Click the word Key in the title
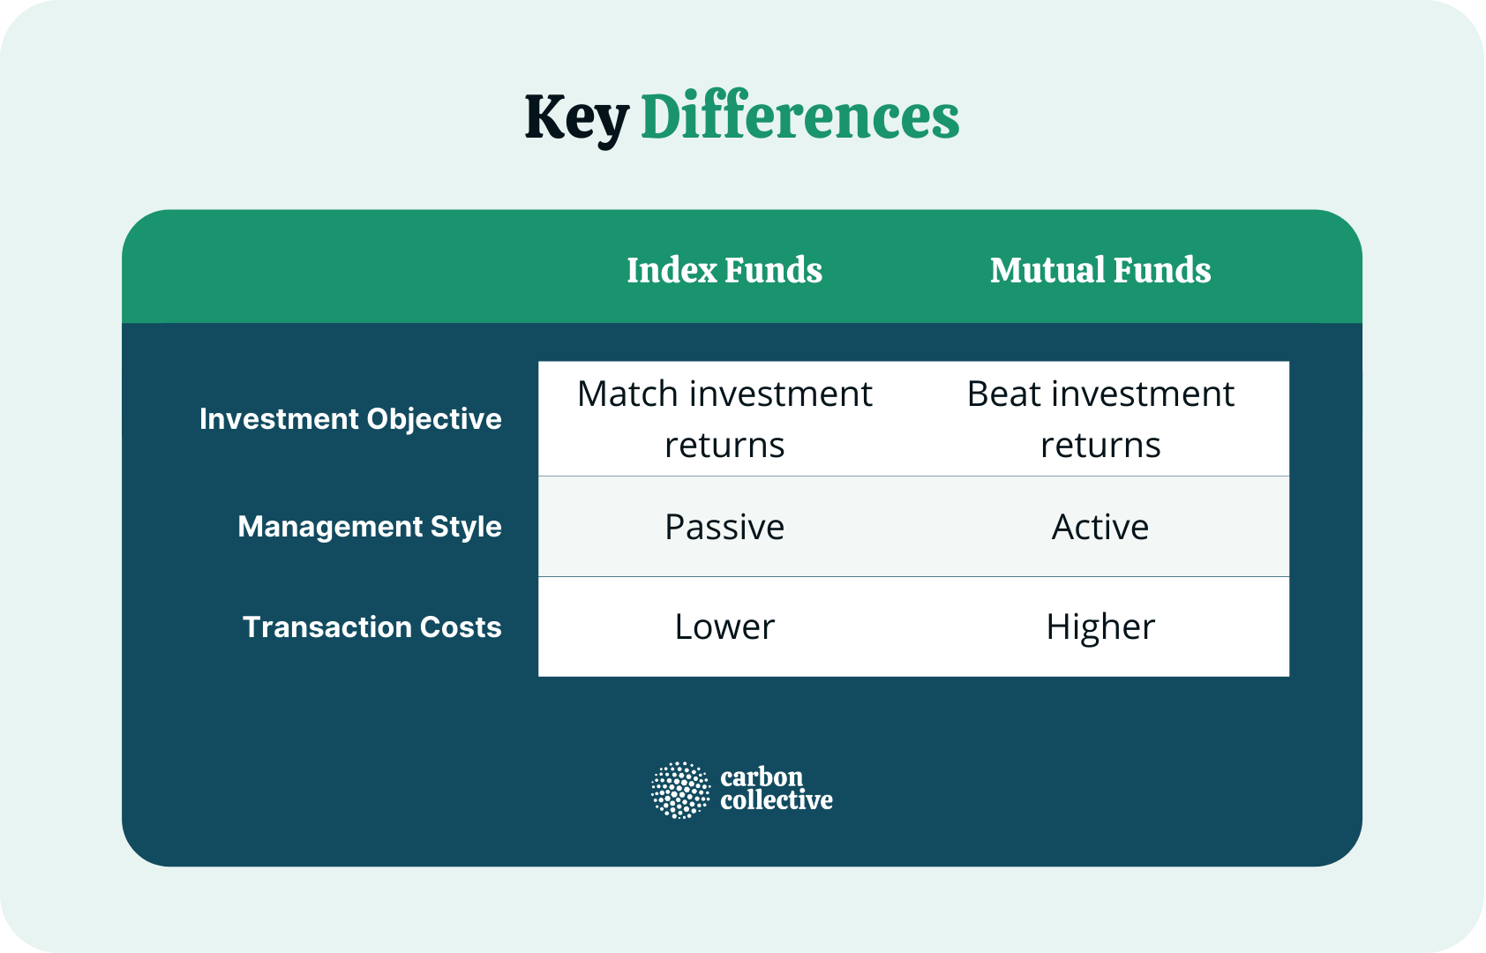click(x=575, y=118)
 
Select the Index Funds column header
click(x=724, y=270)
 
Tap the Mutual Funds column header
click(x=1099, y=270)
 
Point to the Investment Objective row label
click(x=350, y=418)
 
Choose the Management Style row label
click(x=369, y=527)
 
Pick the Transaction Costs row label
click(x=371, y=627)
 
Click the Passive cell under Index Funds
click(x=724, y=527)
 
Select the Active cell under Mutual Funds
click(x=1099, y=527)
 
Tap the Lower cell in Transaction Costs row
click(x=724, y=627)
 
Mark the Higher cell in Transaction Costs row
click(x=1099, y=627)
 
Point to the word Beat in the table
click(x=1003, y=394)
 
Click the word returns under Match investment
click(x=724, y=446)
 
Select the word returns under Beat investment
click(x=1099, y=446)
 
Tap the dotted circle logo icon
click(x=680, y=790)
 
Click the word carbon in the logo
click(x=762, y=777)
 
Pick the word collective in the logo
click(x=777, y=800)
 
